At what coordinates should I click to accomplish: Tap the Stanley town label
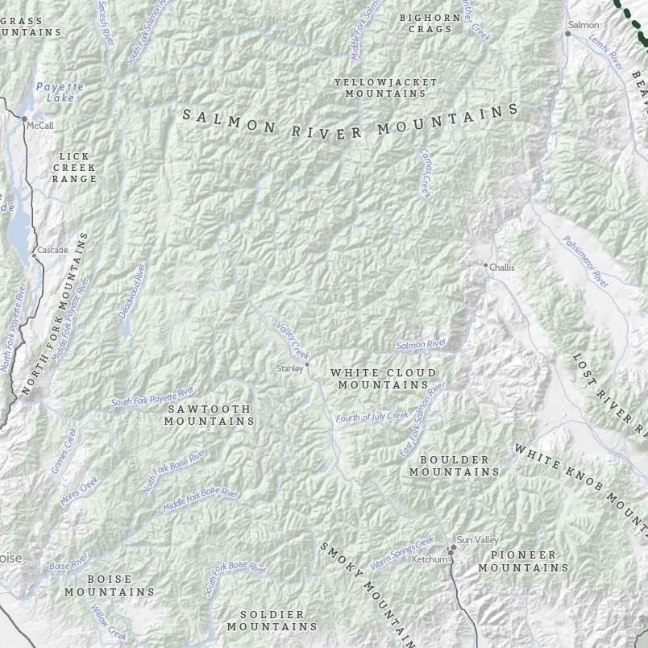[x=289, y=368]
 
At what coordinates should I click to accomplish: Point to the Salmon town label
[x=584, y=25]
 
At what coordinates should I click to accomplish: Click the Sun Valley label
[x=477, y=539]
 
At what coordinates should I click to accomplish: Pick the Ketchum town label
[x=429, y=559]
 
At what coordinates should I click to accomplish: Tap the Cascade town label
[x=52, y=251]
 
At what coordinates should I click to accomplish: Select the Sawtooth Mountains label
[x=210, y=414]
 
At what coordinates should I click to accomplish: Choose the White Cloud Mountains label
[x=383, y=379]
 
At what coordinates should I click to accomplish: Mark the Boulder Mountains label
[x=454, y=465]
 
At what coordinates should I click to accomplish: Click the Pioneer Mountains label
[x=523, y=561]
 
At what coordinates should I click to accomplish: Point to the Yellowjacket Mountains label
[x=385, y=87]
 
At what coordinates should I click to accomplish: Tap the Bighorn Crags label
[x=430, y=23]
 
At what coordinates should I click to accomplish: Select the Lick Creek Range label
[x=74, y=167]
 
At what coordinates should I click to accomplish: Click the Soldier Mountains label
[x=272, y=620]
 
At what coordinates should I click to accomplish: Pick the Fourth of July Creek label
[x=372, y=417]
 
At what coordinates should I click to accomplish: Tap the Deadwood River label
[x=134, y=290]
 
